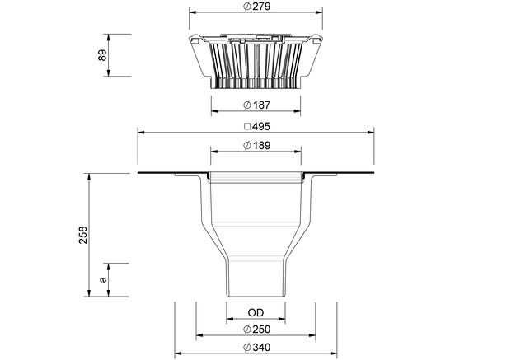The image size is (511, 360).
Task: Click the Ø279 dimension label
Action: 257,7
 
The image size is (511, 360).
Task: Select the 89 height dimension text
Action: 102,55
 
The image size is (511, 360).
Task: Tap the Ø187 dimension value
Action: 257,105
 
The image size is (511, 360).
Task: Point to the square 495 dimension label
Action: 257,126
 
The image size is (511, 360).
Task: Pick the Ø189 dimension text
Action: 257,145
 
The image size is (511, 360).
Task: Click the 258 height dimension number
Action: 83,235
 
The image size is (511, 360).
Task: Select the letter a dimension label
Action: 103,279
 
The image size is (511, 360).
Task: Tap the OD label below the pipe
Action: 255,313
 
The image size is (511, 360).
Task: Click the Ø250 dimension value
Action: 257,330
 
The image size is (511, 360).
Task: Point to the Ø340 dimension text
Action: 257,348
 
